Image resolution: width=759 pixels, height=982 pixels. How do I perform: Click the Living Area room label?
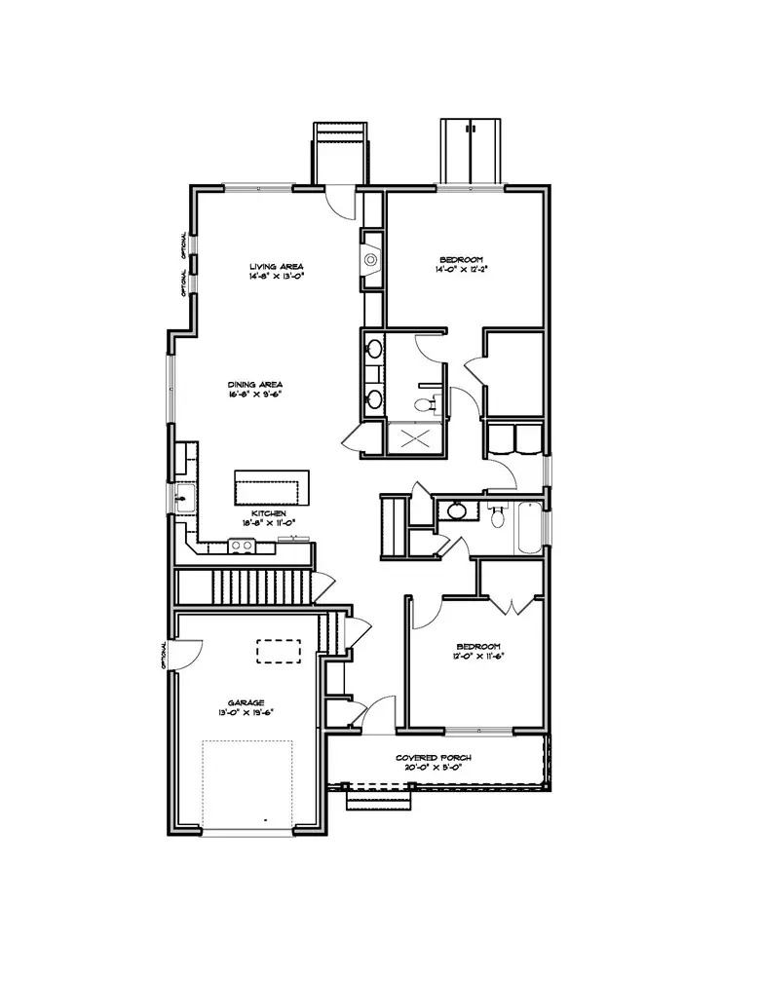click(x=277, y=266)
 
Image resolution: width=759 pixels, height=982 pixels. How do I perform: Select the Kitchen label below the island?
click(x=268, y=512)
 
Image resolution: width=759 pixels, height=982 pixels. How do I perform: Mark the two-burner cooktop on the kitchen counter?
click(x=242, y=546)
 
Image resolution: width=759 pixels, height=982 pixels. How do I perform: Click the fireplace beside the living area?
click(x=371, y=260)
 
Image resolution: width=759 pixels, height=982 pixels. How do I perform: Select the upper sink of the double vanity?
click(x=373, y=348)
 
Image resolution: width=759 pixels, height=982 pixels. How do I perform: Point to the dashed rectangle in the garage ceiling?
click(x=279, y=650)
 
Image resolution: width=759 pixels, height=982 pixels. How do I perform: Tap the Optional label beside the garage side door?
click(x=165, y=657)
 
